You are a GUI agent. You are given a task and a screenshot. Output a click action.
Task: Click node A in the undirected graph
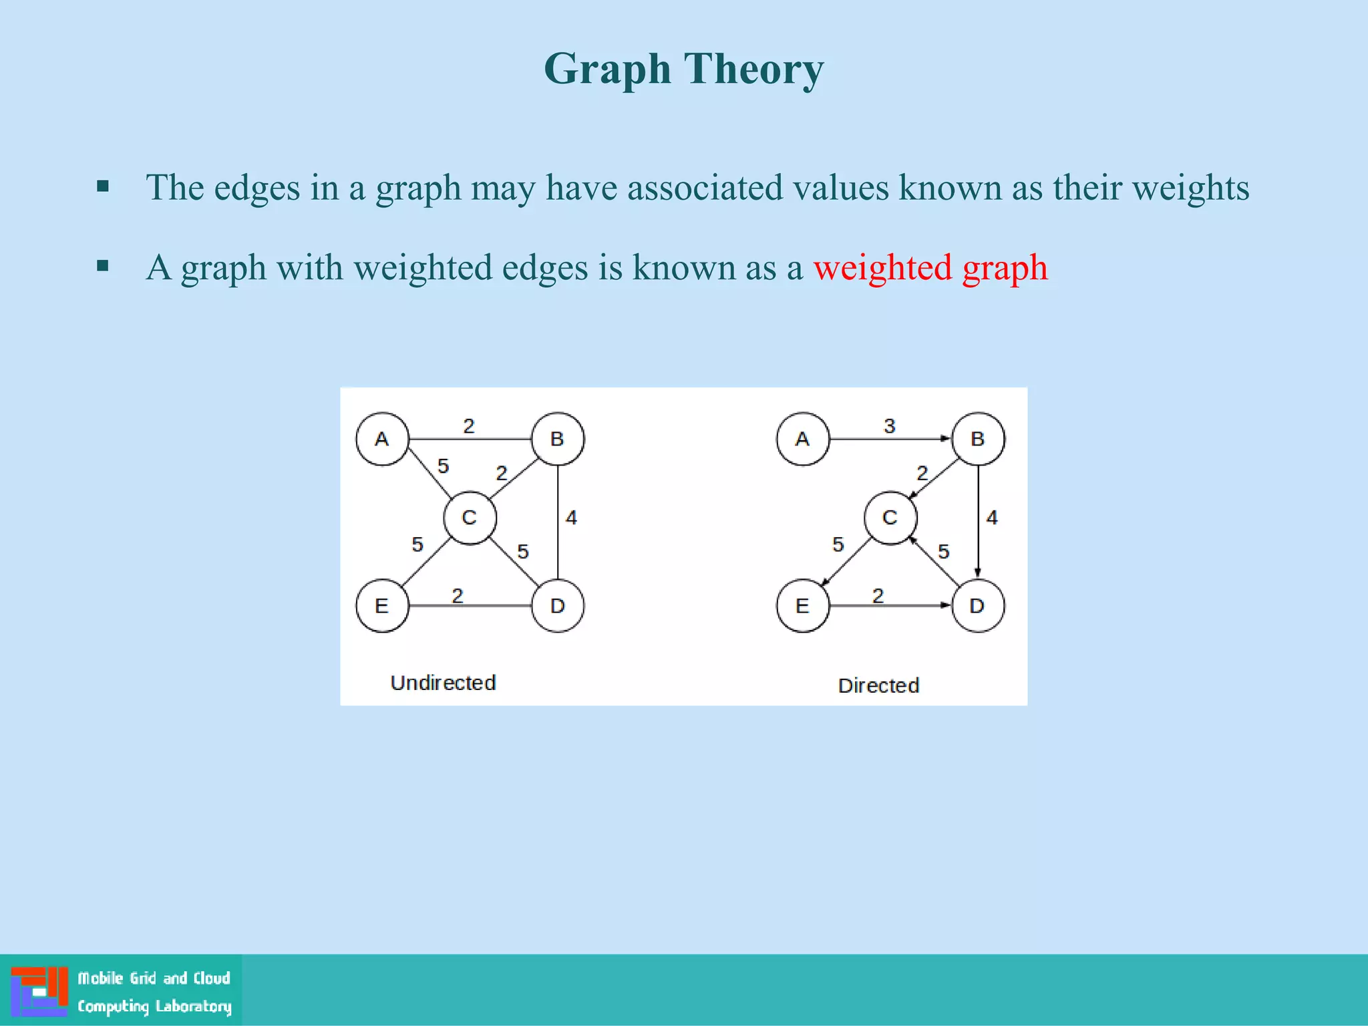point(382,439)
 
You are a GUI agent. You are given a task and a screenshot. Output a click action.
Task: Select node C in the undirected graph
point(470,518)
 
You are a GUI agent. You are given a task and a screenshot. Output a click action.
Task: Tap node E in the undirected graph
point(382,606)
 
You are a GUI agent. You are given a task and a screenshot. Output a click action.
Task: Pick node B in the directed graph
point(978,439)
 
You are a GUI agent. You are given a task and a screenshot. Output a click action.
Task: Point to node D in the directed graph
point(978,606)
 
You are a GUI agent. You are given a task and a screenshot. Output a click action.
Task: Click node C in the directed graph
point(890,518)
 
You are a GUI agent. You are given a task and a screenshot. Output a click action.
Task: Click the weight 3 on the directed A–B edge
point(889,426)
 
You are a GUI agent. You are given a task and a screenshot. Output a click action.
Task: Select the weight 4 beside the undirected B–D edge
point(571,518)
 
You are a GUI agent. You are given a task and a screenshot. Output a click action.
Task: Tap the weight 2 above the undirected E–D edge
point(458,595)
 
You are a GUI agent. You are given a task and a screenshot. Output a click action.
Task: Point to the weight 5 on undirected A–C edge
point(443,466)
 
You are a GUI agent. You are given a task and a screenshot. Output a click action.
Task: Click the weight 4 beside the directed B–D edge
point(992,518)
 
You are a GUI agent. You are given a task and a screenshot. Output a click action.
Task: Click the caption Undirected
point(443,683)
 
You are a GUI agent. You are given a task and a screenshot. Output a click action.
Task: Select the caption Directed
point(878,685)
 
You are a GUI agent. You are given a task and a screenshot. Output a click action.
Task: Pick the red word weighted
point(882,268)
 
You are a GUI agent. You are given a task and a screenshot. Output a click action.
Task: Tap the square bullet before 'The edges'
point(103,186)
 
